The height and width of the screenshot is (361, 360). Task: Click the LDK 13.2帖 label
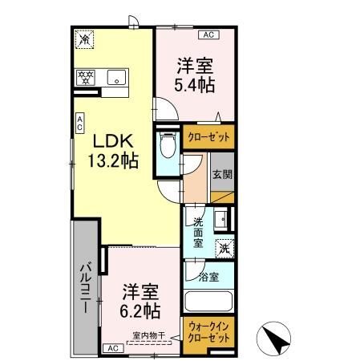pos(113,148)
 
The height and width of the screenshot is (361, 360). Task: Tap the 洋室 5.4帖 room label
pos(196,72)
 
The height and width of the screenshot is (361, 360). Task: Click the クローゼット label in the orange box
pos(208,137)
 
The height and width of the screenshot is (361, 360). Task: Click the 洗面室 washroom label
pos(198,232)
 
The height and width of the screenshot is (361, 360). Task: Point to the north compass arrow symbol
pos(276,339)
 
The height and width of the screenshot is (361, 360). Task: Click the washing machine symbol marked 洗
pos(226,248)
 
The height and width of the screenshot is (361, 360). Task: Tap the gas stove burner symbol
pos(86,78)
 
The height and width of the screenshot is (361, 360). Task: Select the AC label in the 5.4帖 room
pos(208,34)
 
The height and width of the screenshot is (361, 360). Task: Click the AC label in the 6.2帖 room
pos(111,347)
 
